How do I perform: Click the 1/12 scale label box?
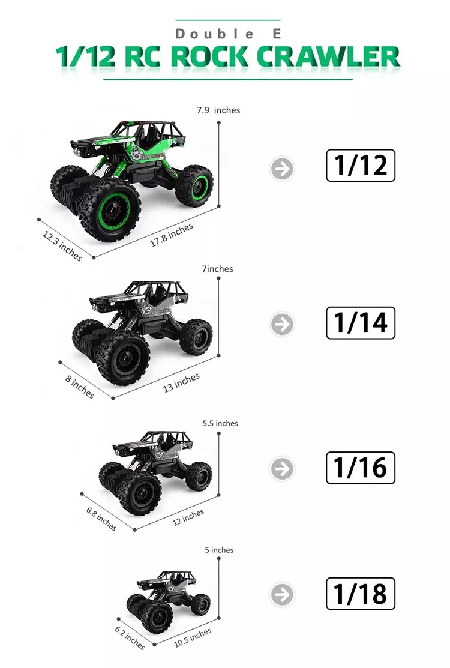[x=361, y=166]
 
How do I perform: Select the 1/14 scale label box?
[x=361, y=323]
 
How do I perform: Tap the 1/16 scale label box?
[x=361, y=468]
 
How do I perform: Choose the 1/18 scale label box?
[x=361, y=594]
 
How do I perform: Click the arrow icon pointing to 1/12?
[x=282, y=169]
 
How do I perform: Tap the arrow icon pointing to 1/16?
[x=282, y=469]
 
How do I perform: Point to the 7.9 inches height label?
[x=218, y=110]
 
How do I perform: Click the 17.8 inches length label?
[x=172, y=235]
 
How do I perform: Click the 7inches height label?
[x=218, y=269]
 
